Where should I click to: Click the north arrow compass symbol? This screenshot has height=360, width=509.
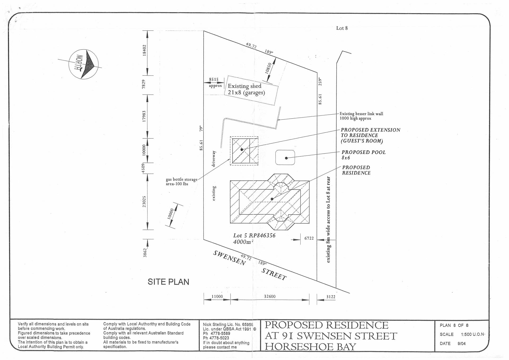(x=84, y=64)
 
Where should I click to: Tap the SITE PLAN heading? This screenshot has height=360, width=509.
(x=168, y=282)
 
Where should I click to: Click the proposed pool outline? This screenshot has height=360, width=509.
(x=285, y=158)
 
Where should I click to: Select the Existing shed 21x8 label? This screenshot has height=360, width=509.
(x=245, y=89)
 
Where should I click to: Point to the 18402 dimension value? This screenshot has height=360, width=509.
(x=144, y=50)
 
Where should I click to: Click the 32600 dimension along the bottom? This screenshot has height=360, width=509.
(x=270, y=296)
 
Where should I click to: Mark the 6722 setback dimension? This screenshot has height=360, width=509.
(x=309, y=238)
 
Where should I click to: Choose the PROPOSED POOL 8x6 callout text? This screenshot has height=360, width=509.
(x=363, y=155)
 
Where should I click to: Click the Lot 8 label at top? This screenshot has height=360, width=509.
(x=342, y=28)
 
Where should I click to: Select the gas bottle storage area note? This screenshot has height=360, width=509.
(x=181, y=181)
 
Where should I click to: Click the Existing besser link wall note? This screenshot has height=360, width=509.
(x=361, y=116)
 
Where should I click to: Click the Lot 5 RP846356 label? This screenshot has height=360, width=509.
(x=254, y=236)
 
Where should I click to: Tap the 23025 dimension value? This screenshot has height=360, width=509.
(x=144, y=202)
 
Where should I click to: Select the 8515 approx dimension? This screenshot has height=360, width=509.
(x=214, y=82)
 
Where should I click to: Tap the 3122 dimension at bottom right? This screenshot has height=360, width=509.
(x=331, y=297)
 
